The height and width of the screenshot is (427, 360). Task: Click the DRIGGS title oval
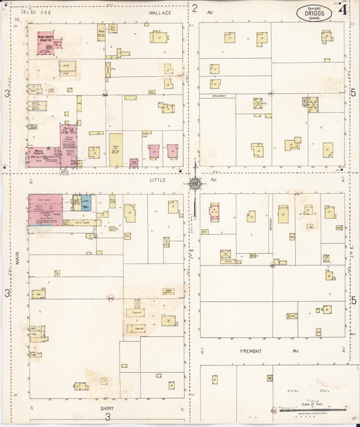(x=314, y=13)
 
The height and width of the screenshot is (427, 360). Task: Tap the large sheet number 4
(x=343, y=10)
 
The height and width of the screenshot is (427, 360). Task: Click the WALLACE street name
(x=161, y=12)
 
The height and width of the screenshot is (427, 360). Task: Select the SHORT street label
(x=107, y=408)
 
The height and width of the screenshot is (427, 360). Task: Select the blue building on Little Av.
(x=86, y=202)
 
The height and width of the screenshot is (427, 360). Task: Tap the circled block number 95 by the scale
(x=273, y=409)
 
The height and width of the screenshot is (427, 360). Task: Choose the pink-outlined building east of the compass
(x=216, y=211)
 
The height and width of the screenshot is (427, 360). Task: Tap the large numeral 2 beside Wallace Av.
(x=195, y=9)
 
